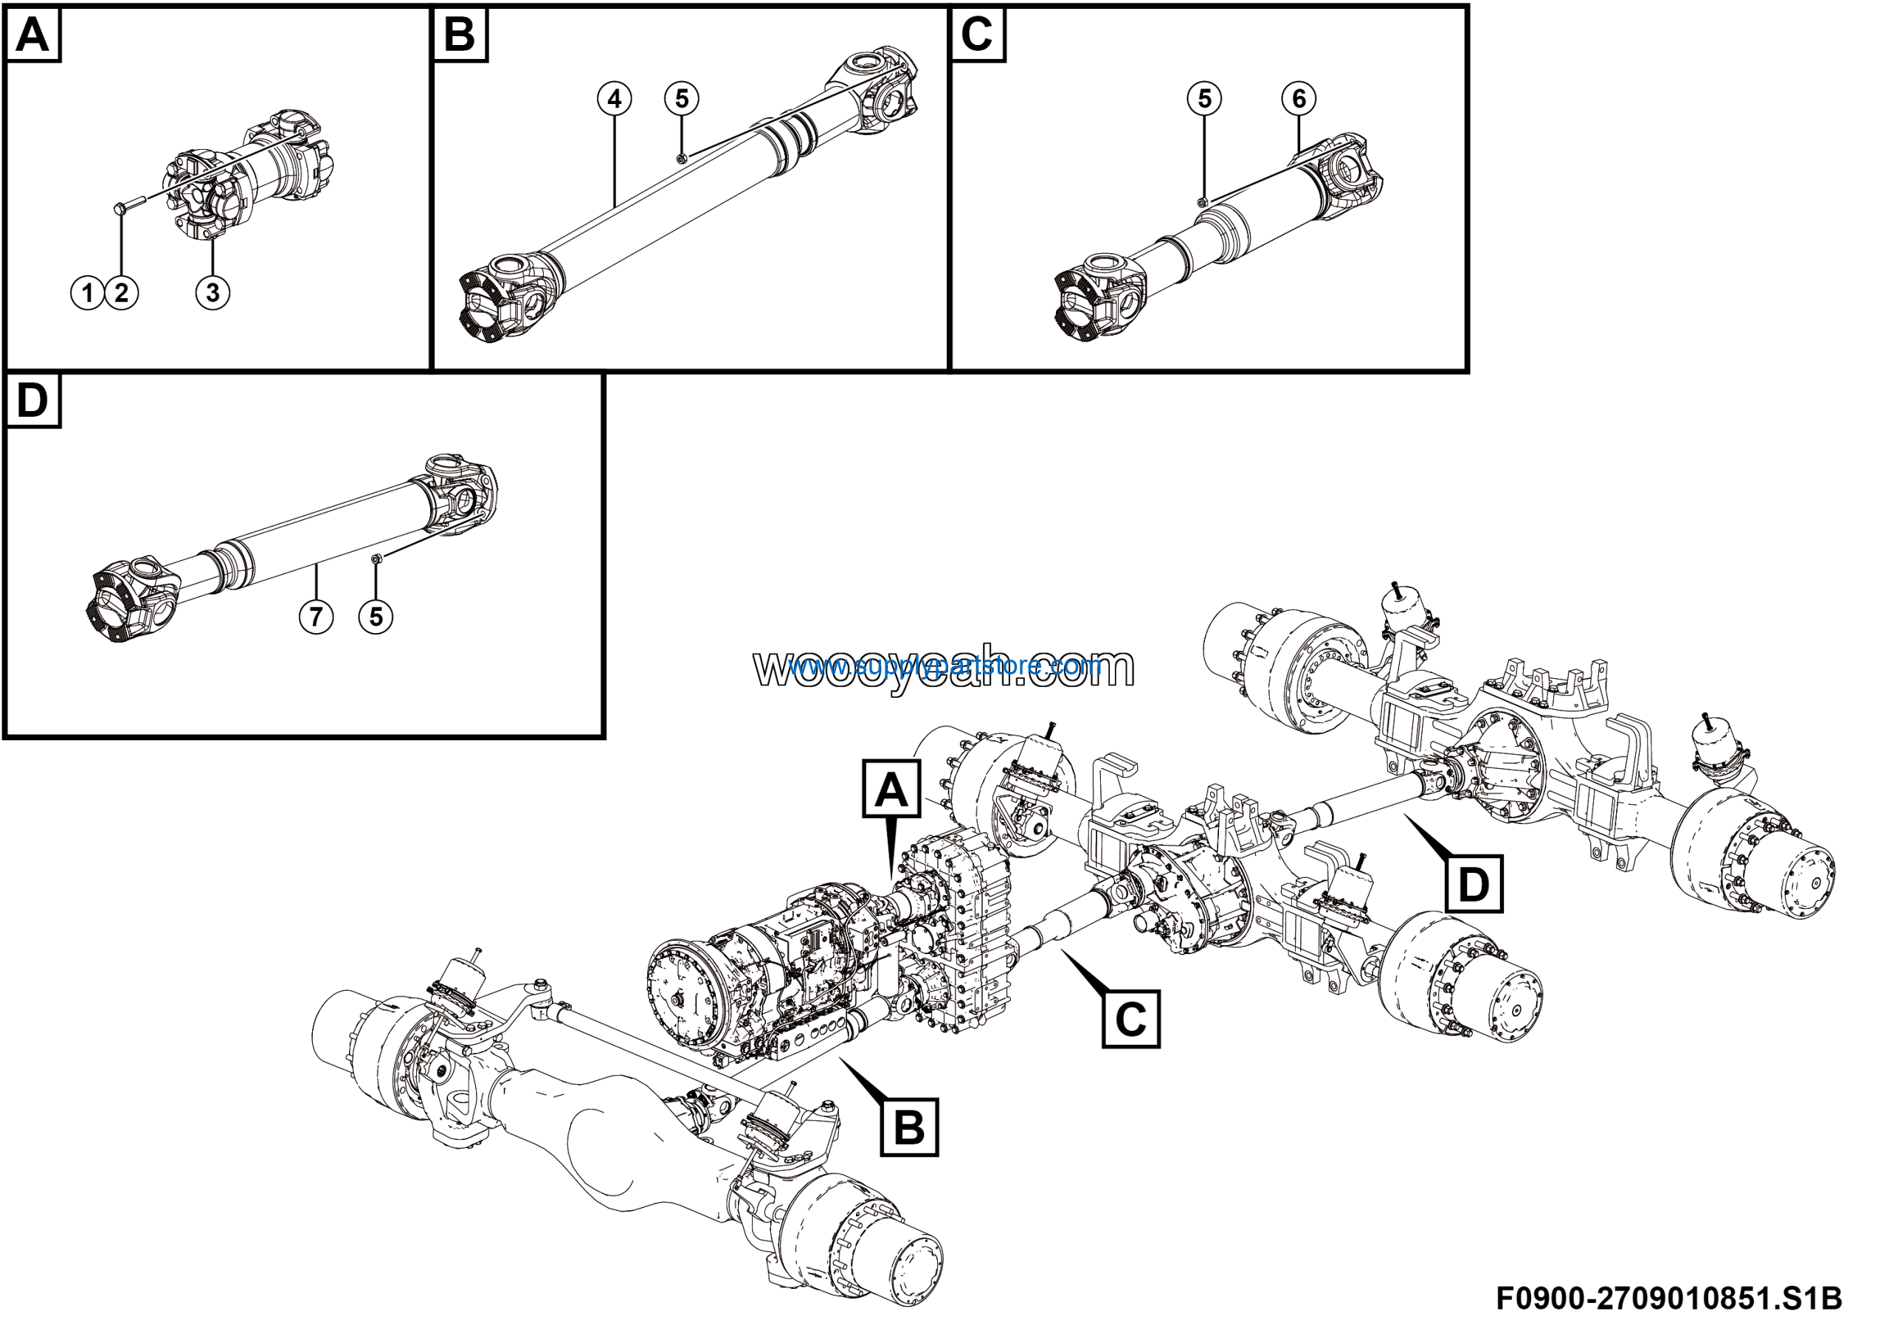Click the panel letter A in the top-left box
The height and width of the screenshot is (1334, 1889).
click(x=33, y=35)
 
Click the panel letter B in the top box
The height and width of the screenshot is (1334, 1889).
click(x=459, y=35)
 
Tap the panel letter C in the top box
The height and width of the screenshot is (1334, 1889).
click(x=976, y=35)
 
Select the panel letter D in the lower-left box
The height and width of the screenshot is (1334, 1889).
click(x=33, y=401)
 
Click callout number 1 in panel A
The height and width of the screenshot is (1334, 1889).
click(x=87, y=293)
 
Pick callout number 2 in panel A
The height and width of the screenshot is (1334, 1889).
click(x=122, y=293)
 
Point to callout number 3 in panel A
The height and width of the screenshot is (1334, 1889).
click(x=213, y=293)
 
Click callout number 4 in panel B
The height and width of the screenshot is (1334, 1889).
click(x=615, y=100)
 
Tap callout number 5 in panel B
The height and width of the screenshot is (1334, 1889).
click(x=682, y=100)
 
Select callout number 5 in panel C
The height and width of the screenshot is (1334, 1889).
click(x=1204, y=100)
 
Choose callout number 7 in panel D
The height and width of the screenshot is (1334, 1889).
click(x=316, y=617)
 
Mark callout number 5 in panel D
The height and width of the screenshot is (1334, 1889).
click(x=376, y=617)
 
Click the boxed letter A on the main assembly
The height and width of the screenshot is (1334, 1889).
click(x=891, y=789)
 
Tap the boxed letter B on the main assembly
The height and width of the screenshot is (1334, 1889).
click(x=909, y=1127)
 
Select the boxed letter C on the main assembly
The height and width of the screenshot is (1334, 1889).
click(x=1130, y=1019)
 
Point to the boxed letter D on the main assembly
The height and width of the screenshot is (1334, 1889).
click(x=1473, y=885)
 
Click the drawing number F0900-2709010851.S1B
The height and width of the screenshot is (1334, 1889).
click(x=1668, y=1298)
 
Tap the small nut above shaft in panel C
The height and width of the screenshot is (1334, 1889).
click(x=1202, y=201)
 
